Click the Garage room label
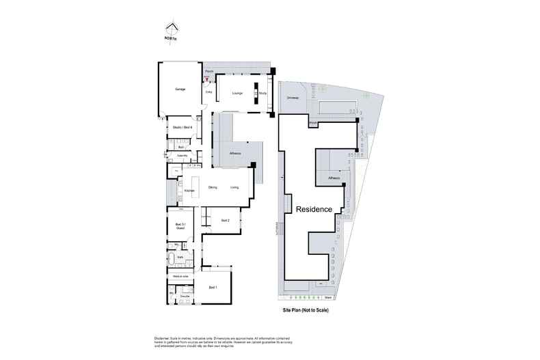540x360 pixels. [x=180, y=89]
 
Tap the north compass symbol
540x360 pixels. [x=172, y=30]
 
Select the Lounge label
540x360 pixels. [x=237, y=93]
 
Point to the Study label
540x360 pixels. [x=262, y=93]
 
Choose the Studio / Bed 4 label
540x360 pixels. [x=182, y=128]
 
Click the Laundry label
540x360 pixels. [x=183, y=156]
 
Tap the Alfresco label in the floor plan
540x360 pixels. [x=237, y=154]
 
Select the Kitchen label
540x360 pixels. [x=189, y=191]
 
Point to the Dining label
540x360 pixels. [x=213, y=187]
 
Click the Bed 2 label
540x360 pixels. [x=225, y=220]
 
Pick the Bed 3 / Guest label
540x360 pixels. [x=180, y=227]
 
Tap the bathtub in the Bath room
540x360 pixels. [x=172, y=259]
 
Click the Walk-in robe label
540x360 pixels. [x=180, y=275]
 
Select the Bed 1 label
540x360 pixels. [x=213, y=287]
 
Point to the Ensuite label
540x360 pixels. [x=185, y=296]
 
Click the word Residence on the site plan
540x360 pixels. [x=314, y=209]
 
